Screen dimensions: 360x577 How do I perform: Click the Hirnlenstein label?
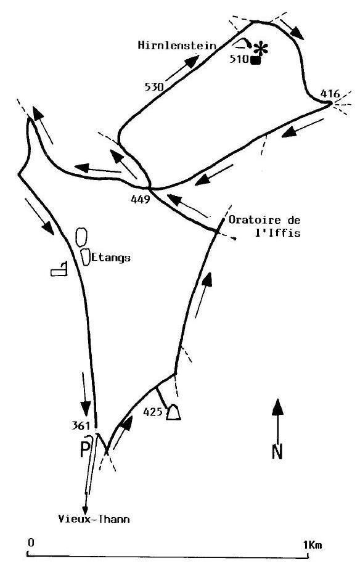pos(177,45)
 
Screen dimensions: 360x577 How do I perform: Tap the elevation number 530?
pos(154,88)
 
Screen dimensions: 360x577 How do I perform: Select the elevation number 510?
pos(239,59)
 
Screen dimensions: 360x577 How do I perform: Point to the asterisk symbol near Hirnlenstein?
pos(261,48)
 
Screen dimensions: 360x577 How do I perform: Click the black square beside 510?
pos(255,60)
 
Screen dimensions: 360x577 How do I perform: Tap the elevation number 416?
pos(330,94)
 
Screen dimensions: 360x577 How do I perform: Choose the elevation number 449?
pos(141,199)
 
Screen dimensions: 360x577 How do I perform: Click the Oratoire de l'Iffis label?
pos(264,226)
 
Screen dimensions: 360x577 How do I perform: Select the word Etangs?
pos(111,257)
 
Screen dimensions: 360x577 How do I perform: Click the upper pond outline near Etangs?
pos(81,236)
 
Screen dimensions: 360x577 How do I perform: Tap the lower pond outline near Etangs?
pos(86,257)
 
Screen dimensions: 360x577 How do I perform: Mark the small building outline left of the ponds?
pos(59,269)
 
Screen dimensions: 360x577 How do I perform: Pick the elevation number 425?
pos(153,412)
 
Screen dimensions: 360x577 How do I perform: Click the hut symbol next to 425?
pos(173,412)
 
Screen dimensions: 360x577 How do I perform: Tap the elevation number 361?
pos(81,425)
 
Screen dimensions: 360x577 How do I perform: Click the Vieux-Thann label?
pos(94,519)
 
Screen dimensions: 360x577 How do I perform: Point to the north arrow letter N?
pos(277,452)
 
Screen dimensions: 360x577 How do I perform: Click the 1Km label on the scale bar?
pos(313,544)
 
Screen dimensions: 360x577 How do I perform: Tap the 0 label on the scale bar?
pos(31,542)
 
